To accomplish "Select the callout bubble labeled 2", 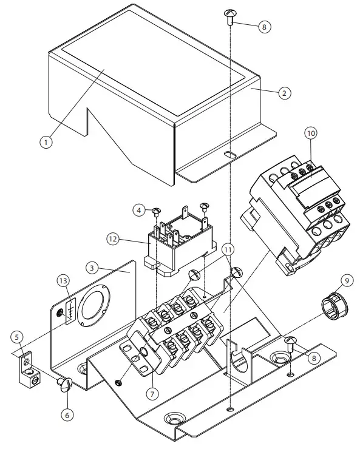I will tap(284, 93).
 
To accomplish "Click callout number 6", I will tap(68, 415).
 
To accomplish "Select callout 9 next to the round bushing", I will tap(346, 280).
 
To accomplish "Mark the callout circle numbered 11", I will tap(227, 249).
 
